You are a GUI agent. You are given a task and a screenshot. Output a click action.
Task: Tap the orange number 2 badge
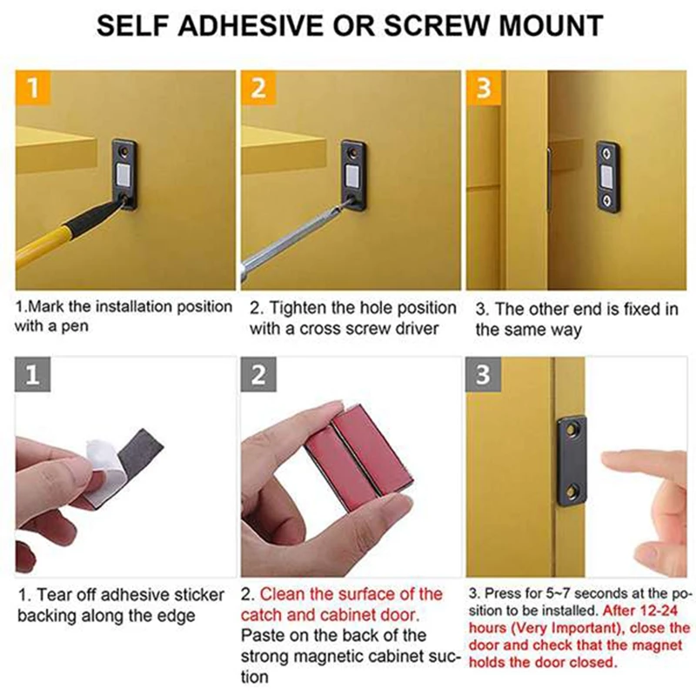pos(258,89)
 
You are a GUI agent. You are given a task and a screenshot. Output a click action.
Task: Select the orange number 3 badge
pos(484,89)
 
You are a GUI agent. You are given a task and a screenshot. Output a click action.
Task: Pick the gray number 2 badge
pos(258,376)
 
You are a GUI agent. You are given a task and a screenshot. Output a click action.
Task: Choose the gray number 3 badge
pos(484,376)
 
